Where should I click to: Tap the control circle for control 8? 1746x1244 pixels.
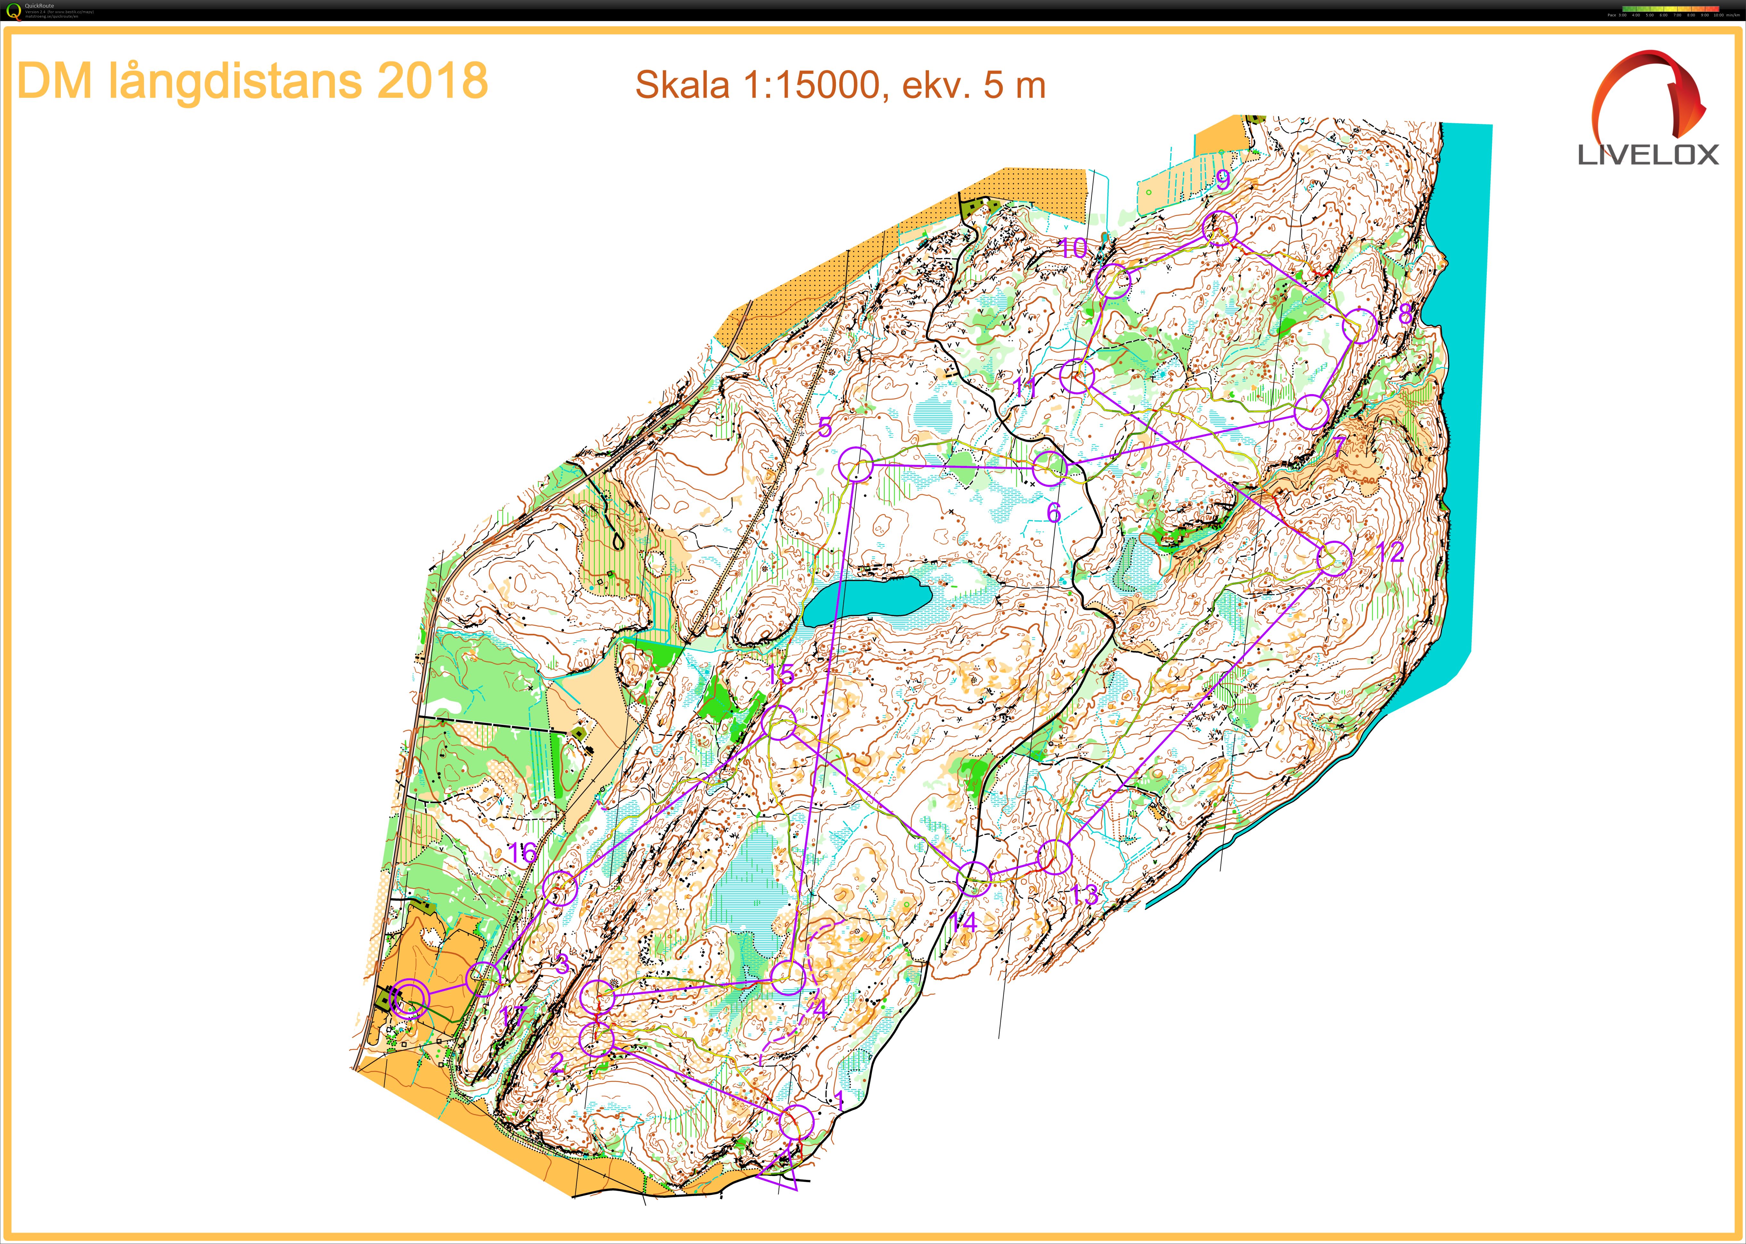(x=1359, y=327)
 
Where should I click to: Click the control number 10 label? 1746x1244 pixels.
(x=1074, y=248)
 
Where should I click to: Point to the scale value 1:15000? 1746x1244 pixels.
(x=812, y=85)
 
